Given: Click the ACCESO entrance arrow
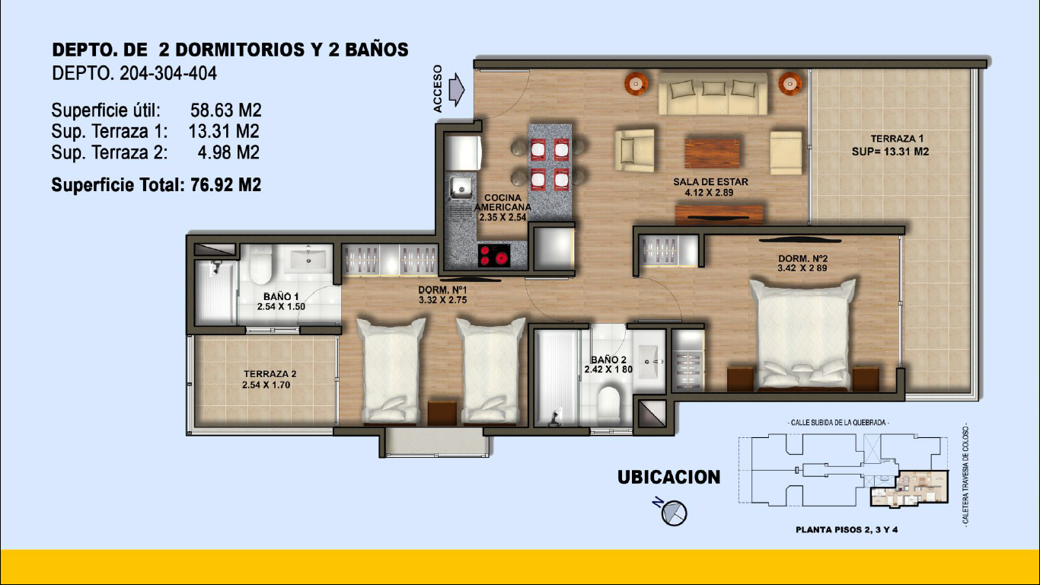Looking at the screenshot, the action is coord(457,89).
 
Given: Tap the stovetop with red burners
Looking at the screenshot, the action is coord(494,256).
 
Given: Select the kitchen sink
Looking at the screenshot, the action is coord(461,187).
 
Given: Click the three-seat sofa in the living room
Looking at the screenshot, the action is coord(713,94).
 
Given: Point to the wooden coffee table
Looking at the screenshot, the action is coord(712,153).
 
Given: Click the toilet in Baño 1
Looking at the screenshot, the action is coord(261,264).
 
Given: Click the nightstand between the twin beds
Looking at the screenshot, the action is coord(442,413).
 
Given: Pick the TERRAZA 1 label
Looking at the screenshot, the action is coord(891,145).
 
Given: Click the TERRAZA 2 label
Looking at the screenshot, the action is coord(268,379).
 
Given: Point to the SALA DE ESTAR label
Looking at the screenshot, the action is coord(710,187).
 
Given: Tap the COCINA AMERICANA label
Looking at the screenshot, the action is coord(502,207).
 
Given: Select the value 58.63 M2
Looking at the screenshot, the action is coord(225,110).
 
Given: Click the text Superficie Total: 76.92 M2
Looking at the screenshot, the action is coord(156,185).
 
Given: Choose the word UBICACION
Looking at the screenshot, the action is coord(668,477).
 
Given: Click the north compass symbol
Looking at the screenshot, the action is coord(672,512).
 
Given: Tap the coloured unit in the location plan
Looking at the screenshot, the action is coord(909,489).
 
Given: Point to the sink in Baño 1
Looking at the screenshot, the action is coord(308,258).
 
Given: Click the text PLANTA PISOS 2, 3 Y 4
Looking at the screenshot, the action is coord(847,529).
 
